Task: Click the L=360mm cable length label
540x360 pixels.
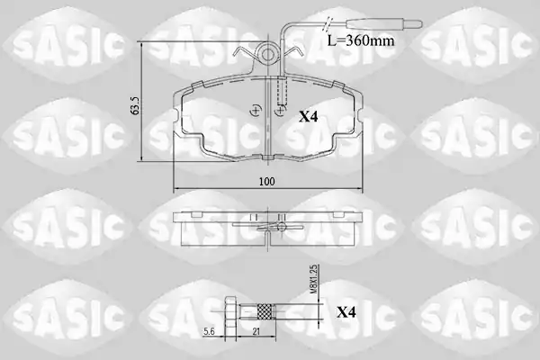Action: pos(360,41)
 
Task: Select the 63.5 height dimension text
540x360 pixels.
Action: pos(135,105)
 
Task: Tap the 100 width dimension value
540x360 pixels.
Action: pos(267,182)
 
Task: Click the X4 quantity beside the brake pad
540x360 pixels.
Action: pos(308,117)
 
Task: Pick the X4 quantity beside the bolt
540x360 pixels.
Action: pos(346,312)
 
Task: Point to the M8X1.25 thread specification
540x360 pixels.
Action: pos(314,279)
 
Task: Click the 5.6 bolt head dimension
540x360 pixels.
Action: pos(209,331)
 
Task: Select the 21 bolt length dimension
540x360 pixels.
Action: pos(256,331)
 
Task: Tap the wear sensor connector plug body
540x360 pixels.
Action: pos(373,24)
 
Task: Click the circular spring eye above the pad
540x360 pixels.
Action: pos(267,54)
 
